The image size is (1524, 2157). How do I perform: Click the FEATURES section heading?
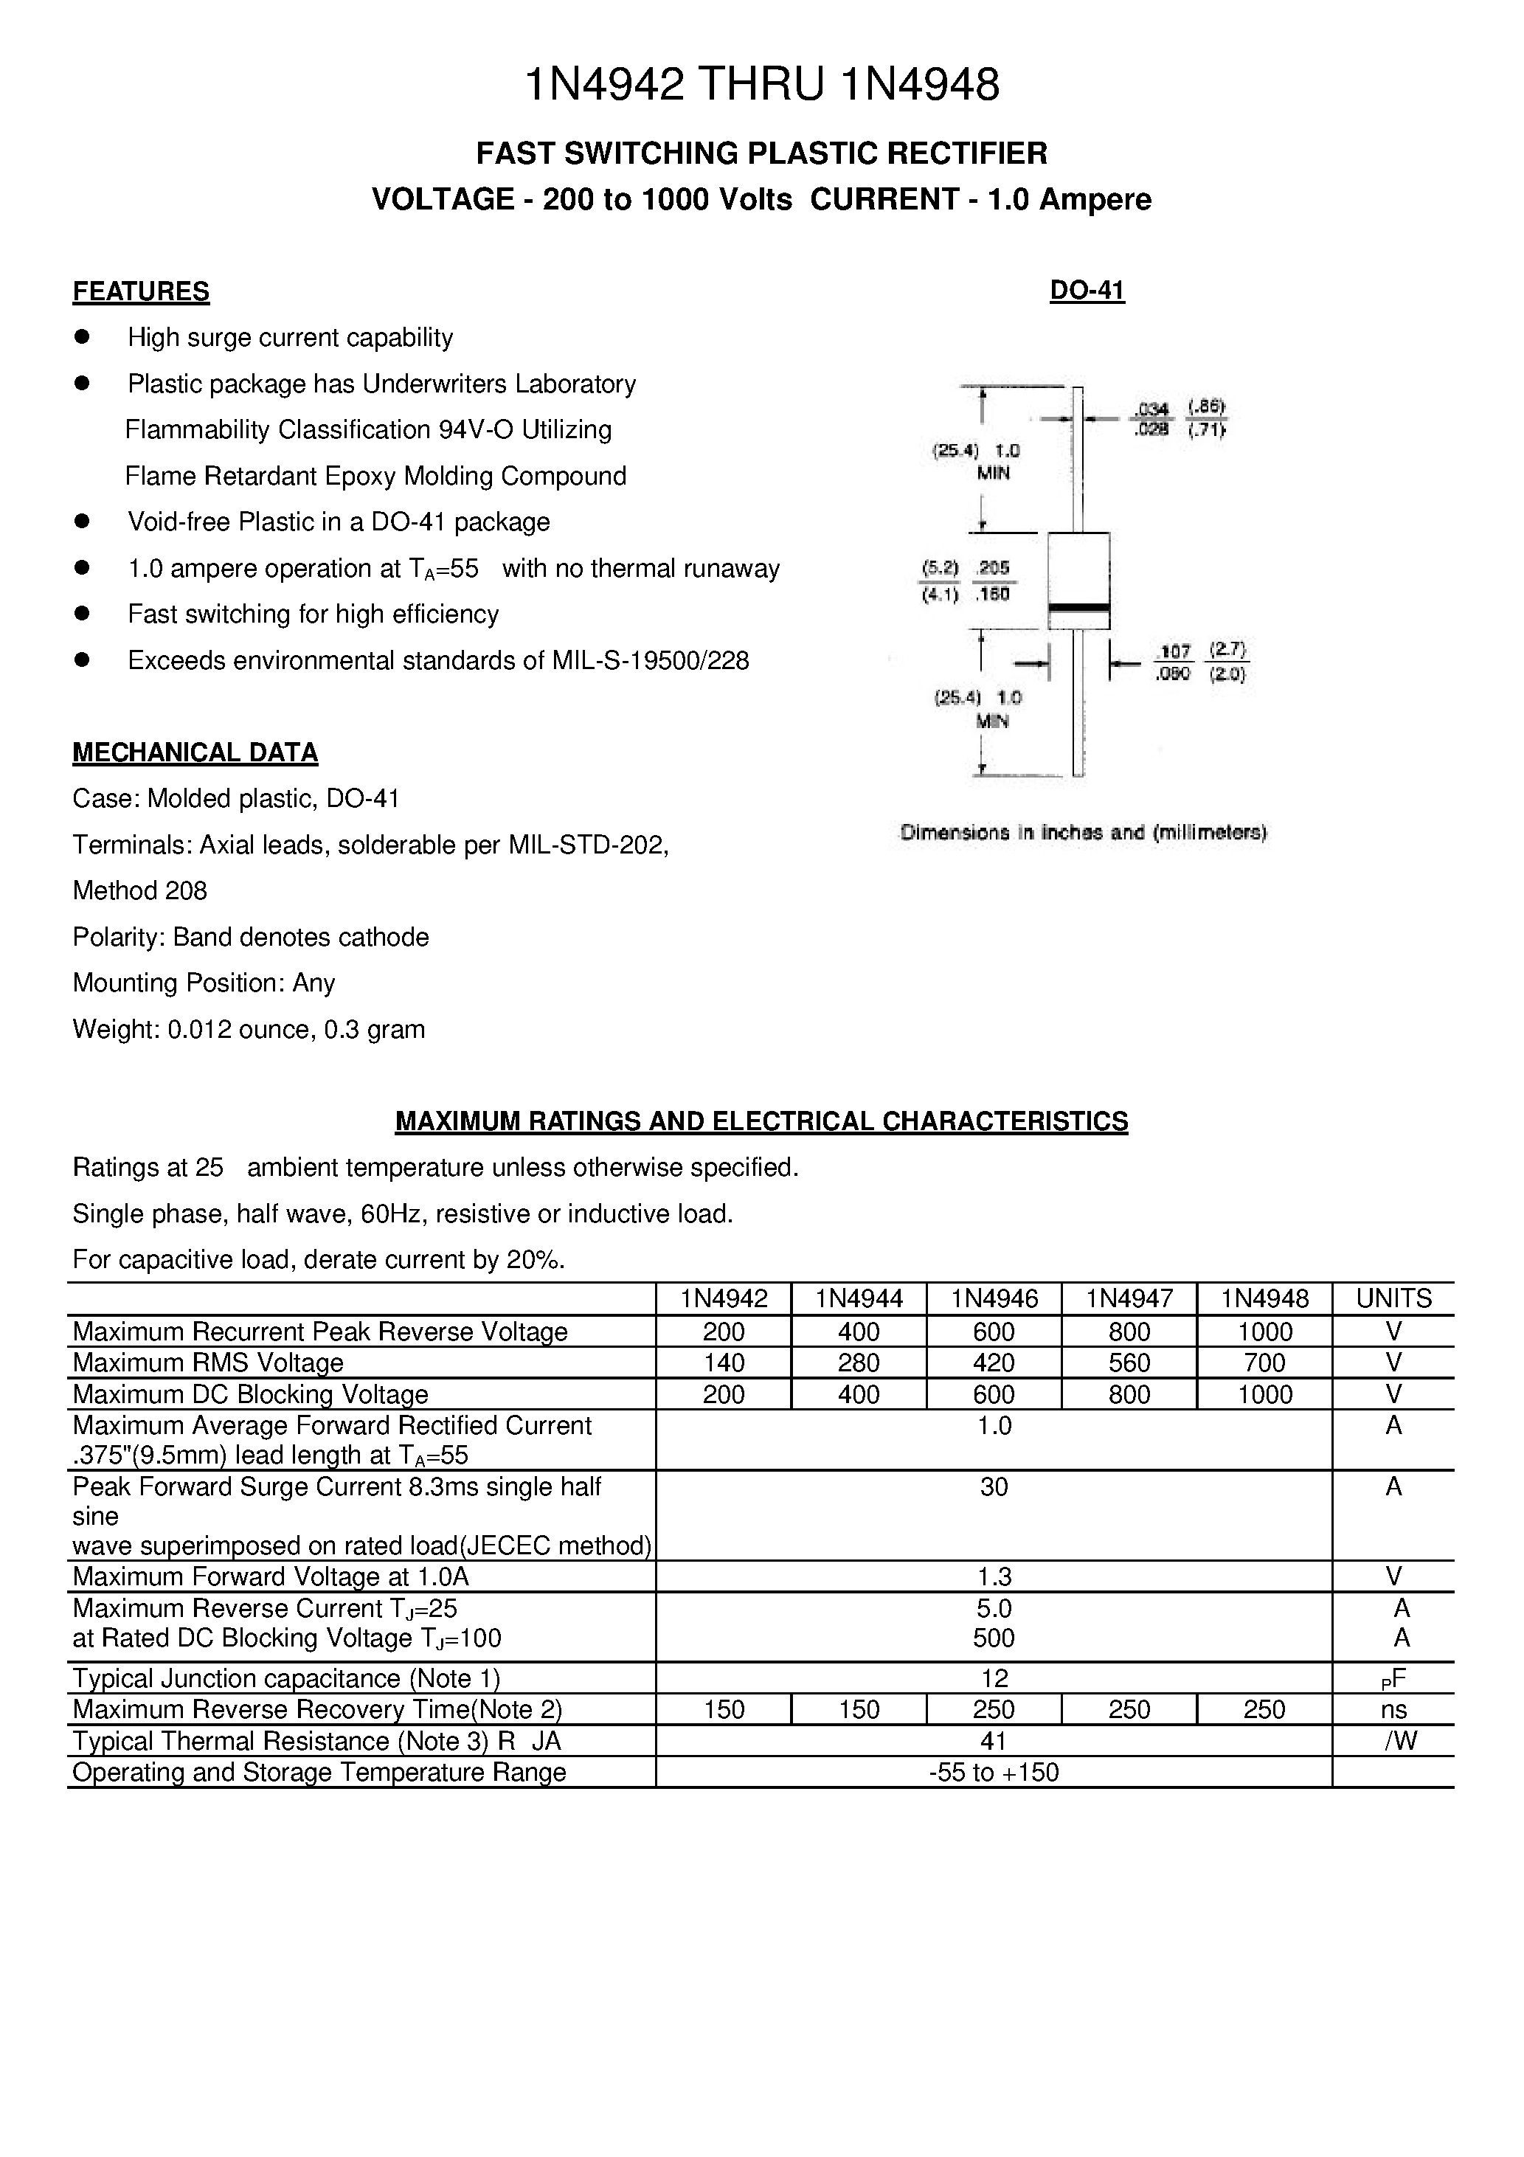pos(141,292)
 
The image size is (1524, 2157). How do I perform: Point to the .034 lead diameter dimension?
pos(1151,409)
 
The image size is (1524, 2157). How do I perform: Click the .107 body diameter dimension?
pos(1174,651)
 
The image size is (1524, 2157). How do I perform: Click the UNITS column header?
pos(1393,1298)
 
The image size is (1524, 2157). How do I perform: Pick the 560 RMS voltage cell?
pos(1129,1363)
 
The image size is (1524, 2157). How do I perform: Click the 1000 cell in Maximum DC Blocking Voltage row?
pos(1264,1394)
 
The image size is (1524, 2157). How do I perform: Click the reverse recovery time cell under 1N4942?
pos(723,1710)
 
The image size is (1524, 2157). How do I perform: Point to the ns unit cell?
pos(1393,1710)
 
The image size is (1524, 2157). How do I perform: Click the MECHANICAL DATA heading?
pos(195,752)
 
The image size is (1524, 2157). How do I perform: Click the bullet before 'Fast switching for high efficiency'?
pos(82,614)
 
